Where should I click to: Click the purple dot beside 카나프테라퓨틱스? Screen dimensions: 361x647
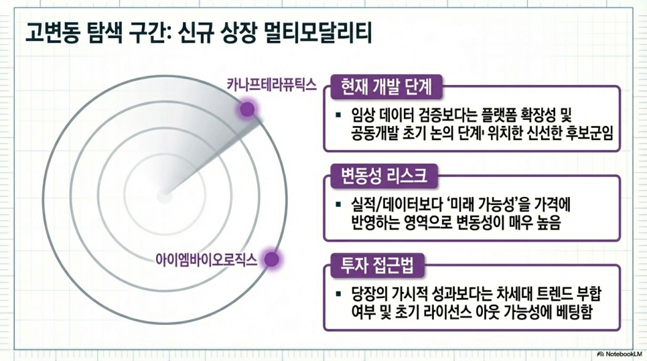pyautogui.click(x=247, y=109)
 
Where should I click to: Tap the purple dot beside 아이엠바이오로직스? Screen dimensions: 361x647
pyautogui.click(x=271, y=259)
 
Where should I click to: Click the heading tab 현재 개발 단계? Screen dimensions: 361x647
pyautogui.click(x=386, y=87)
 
